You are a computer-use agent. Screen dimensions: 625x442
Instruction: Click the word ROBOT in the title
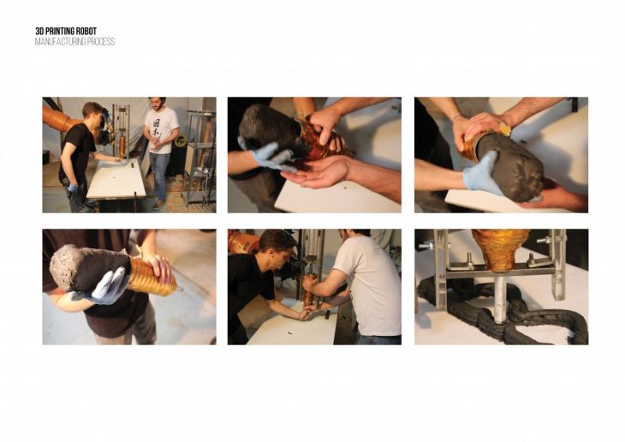tap(86, 31)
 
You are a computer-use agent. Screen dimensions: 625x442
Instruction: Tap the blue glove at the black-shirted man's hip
tap(73, 187)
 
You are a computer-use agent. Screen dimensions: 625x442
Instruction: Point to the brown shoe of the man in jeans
tap(158, 204)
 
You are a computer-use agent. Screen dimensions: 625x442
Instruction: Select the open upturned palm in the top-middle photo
tap(315, 176)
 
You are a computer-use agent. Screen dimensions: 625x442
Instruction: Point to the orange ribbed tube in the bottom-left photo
tap(152, 276)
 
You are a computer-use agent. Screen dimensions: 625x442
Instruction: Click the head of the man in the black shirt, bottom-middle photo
tap(277, 244)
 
